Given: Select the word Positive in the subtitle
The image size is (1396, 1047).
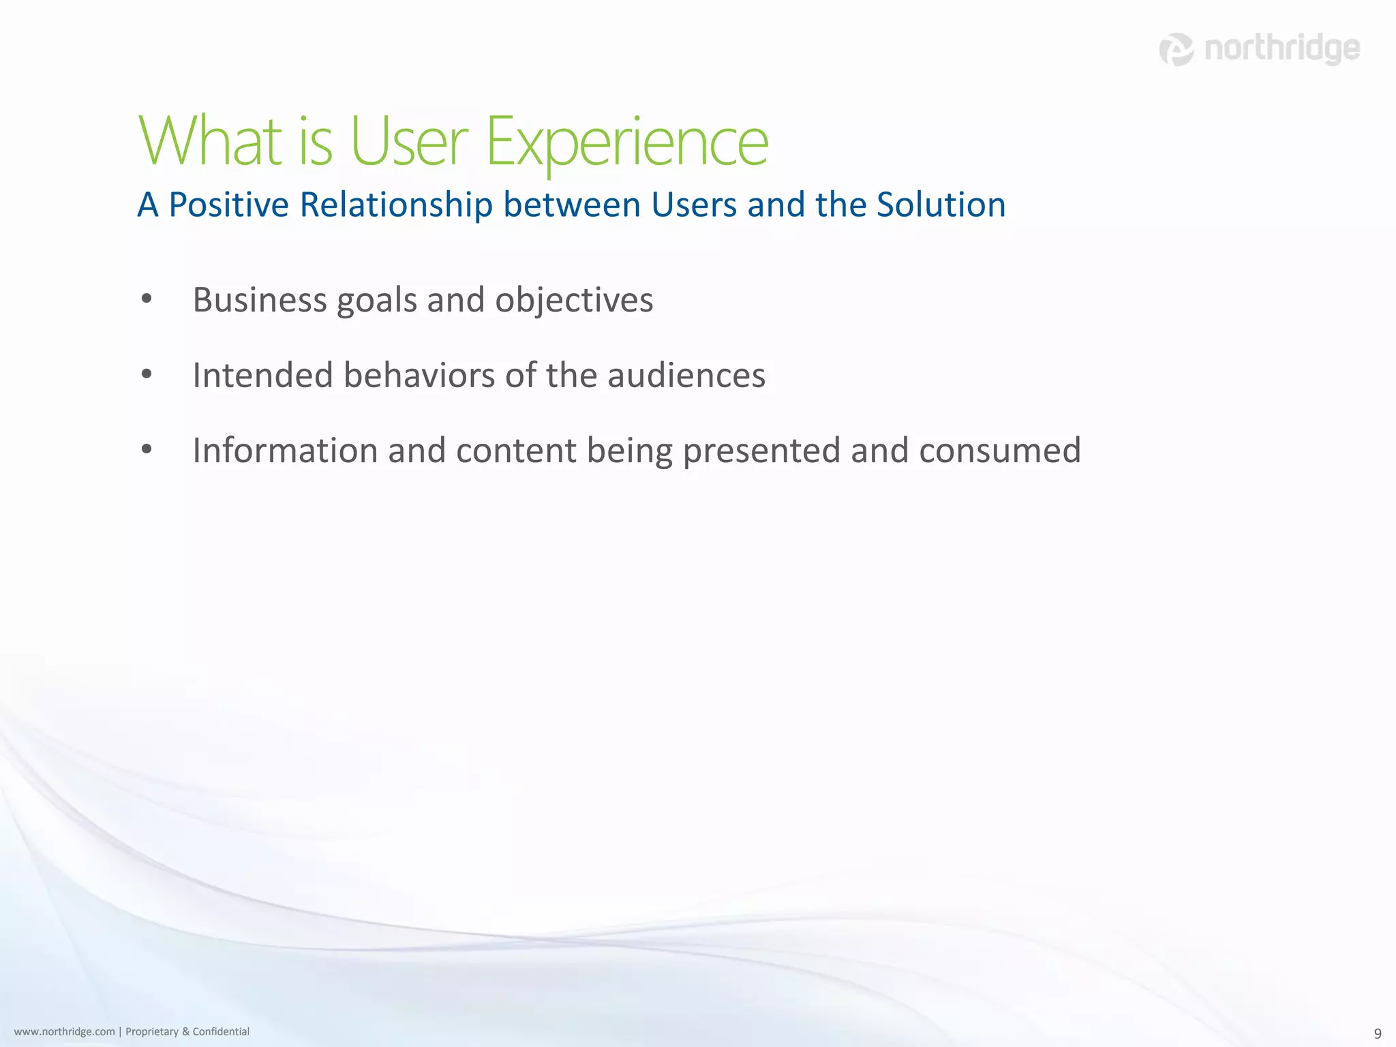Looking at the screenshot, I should [228, 205].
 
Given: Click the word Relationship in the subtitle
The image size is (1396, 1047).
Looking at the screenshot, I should [396, 205].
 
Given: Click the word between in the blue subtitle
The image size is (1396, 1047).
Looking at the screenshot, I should [572, 205].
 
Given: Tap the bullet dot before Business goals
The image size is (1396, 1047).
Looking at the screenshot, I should [147, 299].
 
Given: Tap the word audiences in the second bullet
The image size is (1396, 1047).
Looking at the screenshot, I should [686, 375].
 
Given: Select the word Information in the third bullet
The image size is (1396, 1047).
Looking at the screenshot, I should [285, 450].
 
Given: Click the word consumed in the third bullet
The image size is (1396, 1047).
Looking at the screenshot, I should [999, 450].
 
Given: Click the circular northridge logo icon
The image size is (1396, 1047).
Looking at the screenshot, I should [1177, 50].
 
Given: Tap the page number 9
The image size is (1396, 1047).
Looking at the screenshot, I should [1378, 1033].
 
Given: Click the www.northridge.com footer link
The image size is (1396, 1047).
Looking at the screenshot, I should [64, 1031].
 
